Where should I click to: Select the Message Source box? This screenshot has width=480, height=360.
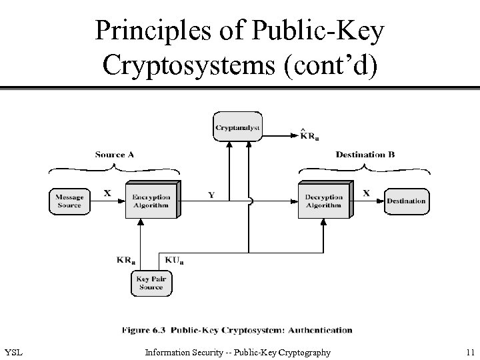(69, 201)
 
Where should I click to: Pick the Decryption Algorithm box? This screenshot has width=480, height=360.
(323, 201)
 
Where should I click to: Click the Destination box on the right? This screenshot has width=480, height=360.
(406, 201)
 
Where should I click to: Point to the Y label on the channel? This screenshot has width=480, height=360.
(211, 195)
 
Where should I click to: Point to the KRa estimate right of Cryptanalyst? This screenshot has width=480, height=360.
(309, 137)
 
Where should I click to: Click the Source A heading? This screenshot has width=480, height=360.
(115, 155)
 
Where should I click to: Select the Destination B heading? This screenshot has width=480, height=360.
(365, 155)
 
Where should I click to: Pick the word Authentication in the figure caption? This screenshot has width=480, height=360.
(319, 329)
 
